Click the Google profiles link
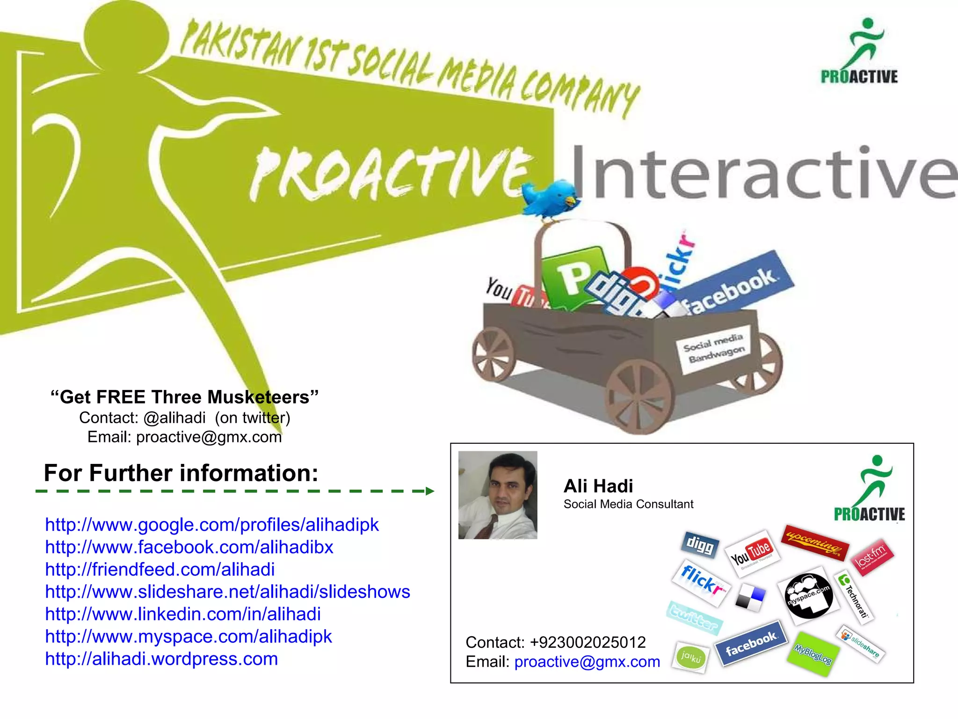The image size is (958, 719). (x=211, y=525)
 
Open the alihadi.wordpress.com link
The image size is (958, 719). (x=161, y=659)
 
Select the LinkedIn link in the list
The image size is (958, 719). (x=183, y=614)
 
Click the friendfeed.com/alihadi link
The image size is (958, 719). (x=160, y=570)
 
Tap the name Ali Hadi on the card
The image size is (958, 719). (x=598, y=486)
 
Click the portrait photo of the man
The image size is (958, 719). (x=498, y=495)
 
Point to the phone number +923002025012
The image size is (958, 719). (x=588, y=642)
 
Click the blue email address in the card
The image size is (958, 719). (x=587, y=662)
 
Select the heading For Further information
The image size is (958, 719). (x=181, y=473)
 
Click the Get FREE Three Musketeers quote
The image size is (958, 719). (x=184, y=397)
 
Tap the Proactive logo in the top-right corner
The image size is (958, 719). (x=860, y=51)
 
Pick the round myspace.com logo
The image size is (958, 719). (x=808, y=596)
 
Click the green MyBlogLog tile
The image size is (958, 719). (x=813, y=654)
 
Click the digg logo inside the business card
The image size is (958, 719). (x=699, y=544)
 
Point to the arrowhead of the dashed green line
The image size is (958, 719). (x=430, y=491)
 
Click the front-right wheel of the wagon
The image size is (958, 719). (x=640, y=396)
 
